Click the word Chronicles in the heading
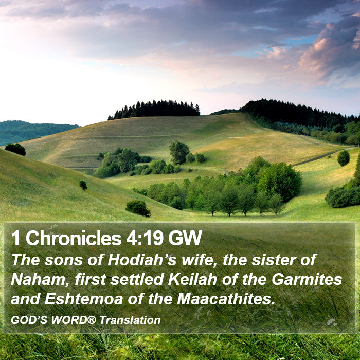(74, 238)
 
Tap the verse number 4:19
(144, 238)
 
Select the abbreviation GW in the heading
(185, 238)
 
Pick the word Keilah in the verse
(192, 279)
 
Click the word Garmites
(307, 279)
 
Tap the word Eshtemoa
(83, 299)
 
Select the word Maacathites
(226, 299)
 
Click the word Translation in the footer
(130, 320)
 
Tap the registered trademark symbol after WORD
(92, 320)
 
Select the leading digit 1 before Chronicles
(15, 238)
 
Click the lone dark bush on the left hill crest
(15, 150)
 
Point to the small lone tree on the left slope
(83, 185)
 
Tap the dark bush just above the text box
(138, 208)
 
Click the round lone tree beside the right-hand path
(344, 158)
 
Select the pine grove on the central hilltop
(154, 110)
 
